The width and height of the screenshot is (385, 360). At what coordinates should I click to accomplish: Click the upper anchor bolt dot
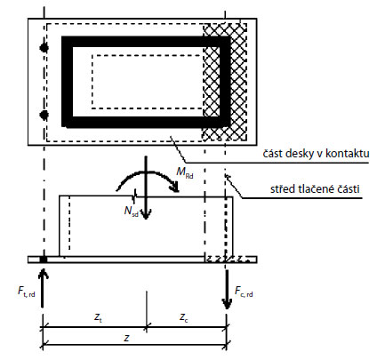(x=44, y=48)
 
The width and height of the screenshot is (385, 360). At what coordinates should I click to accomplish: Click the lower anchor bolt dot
(x=44, y=115)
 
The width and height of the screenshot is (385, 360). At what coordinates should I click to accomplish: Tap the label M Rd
(x=185, y=172)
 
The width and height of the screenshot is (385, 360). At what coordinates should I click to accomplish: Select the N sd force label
(x=132, y=211)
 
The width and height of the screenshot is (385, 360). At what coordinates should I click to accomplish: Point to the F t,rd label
(x=27, y=292)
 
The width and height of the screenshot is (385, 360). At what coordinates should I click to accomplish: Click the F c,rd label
(x=244, y=292)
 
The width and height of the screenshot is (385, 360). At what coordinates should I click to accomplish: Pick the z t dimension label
(x=98, y=317)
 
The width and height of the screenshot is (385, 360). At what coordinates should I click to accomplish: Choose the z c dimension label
(x=183, y=317)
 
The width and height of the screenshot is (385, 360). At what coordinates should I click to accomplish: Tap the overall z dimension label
(x=126, y=338)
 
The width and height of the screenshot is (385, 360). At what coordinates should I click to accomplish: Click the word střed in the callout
(x=281, y=189)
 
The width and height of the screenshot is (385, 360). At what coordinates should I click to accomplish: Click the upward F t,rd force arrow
(x=44, y=288)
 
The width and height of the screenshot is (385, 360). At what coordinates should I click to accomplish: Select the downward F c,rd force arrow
(x=228, y=289)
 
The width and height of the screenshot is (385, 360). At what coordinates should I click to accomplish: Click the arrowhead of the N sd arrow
(x=146, y=214)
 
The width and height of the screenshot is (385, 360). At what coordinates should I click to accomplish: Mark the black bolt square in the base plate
(x=44, y=260)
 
